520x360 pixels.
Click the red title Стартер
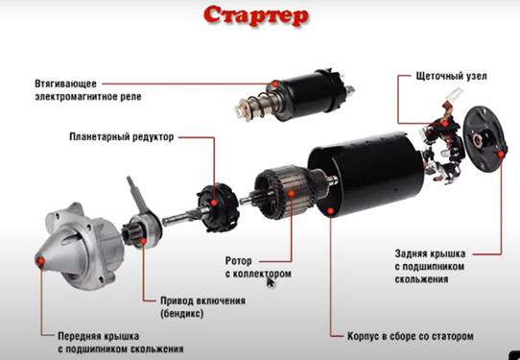pos(256,15)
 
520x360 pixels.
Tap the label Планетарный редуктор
pos(122,136)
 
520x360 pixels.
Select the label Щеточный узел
pos(451,76)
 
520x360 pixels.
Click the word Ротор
pos(239,261)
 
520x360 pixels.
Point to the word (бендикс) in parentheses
pos(182,314)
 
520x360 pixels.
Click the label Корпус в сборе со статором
pos(411,336)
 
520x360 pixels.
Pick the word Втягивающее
pos(65,84)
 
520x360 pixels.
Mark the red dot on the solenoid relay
pos(275,84)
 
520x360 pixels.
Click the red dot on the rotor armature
pos(291,193)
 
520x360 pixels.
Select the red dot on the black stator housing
pos(330,210)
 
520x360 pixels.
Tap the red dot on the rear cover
pos(501,155)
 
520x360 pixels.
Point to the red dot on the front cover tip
pos(41,261)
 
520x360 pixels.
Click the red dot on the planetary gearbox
pos(214,203)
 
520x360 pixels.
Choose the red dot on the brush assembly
pos(445,124)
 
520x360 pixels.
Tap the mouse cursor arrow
pos(271,282)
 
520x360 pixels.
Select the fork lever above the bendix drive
pos(136,196)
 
